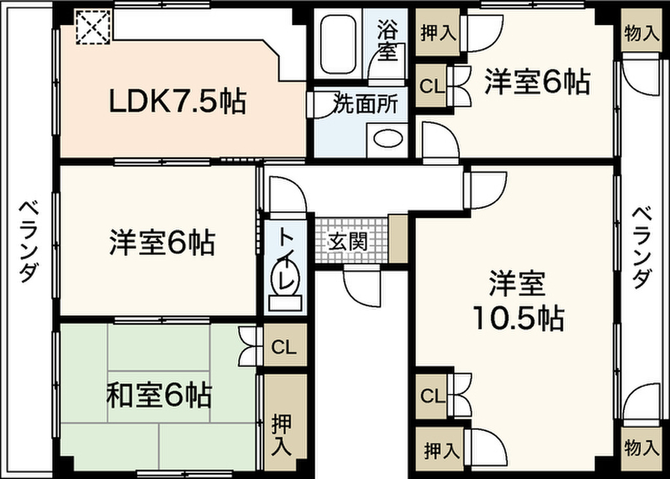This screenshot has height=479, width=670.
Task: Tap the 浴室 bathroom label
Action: point(387,41)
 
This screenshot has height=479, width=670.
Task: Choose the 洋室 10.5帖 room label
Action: point(517,301)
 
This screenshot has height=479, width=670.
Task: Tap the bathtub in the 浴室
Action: point(338,44)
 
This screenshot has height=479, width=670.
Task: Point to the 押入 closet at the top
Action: point(437,32)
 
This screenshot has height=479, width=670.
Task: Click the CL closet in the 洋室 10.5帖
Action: point(432,395)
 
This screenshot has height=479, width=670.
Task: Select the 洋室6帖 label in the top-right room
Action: point(537,83)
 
